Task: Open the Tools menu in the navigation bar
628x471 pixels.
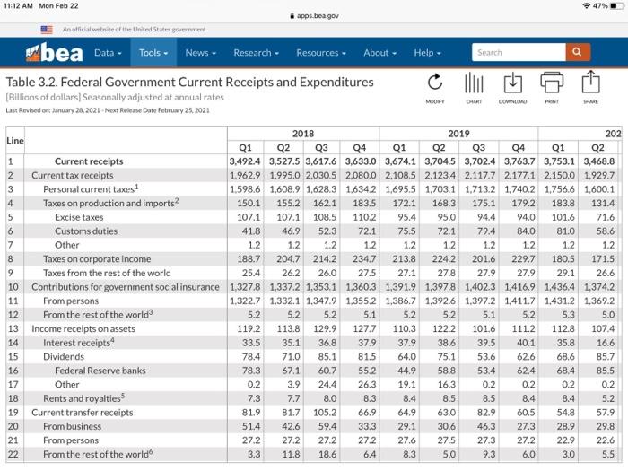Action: [154, 53]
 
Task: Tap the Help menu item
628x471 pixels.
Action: [427, 53]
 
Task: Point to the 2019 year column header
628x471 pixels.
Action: [459, 134]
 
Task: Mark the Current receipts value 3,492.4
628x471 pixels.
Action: [239, 162]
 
